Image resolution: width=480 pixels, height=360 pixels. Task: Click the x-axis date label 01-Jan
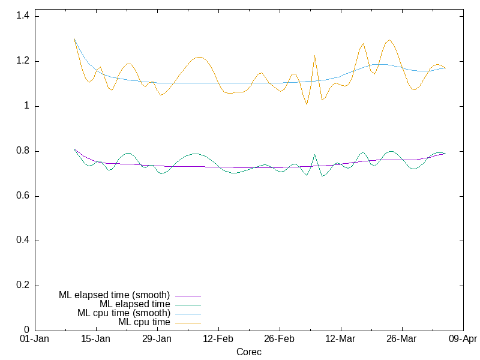(x=35, y=339)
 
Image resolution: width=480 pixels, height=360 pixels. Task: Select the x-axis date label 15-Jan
(x=96, y=339)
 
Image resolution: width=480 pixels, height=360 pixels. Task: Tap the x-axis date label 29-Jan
(x=157, y=339)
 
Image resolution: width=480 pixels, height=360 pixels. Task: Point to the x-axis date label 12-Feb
(x=218, y=339)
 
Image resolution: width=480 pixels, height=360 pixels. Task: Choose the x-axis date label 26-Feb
(x=280, y=339)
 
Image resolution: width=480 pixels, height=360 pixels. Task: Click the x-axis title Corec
(x=249, y=352)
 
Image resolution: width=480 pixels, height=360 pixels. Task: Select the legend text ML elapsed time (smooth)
(x=115, y=295)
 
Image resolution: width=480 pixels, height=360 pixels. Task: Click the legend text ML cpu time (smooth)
(x=124, y=313)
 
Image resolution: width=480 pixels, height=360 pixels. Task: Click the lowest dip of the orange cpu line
(x=307, y=104)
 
